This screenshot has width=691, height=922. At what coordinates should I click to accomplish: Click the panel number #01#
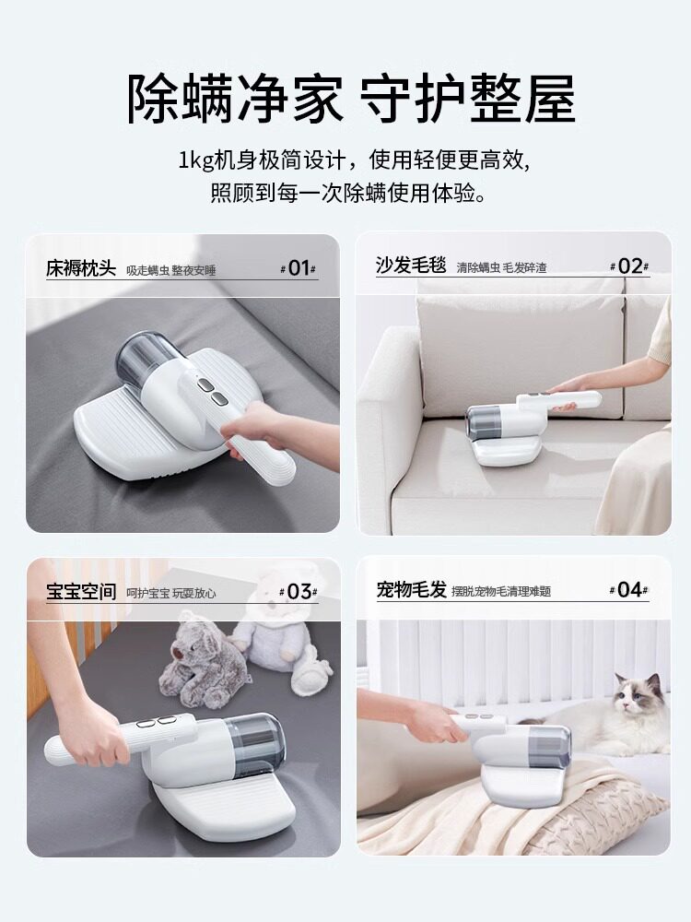[299, 268]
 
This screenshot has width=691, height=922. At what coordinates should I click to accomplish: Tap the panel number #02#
[629, 266]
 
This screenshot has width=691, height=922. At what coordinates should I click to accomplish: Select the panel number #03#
[299, 592]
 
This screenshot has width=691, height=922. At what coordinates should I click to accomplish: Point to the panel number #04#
[628, 589]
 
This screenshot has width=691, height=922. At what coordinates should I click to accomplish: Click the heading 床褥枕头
[81, 268]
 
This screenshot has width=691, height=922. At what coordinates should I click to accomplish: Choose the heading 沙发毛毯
[411, 266]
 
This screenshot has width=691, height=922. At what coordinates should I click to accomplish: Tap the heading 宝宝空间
[81, 592]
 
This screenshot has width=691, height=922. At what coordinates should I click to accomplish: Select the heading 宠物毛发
[411, 589]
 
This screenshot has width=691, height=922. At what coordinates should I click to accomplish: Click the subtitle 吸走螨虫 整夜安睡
[171, 270]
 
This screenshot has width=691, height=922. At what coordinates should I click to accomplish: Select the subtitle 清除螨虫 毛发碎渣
[502, 268]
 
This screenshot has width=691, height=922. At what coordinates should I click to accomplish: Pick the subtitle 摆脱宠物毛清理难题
[501, 592]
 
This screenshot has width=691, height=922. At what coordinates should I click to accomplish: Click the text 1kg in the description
[195, 160]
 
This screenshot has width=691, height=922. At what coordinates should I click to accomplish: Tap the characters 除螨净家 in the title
[235, 99]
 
